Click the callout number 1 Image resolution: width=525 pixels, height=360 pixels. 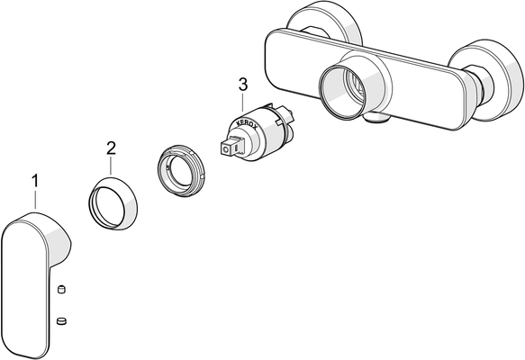35,181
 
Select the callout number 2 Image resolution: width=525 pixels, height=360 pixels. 111,148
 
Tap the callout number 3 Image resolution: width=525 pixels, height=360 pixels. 243,85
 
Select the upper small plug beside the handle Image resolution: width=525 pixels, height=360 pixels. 61,289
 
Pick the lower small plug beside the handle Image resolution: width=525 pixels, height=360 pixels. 61,321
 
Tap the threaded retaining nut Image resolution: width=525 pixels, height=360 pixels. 181,171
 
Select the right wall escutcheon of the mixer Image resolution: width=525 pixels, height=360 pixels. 502,80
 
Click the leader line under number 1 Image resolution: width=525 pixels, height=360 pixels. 35,199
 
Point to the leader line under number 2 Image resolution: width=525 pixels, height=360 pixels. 111,166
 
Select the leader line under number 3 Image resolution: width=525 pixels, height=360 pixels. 243,102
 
